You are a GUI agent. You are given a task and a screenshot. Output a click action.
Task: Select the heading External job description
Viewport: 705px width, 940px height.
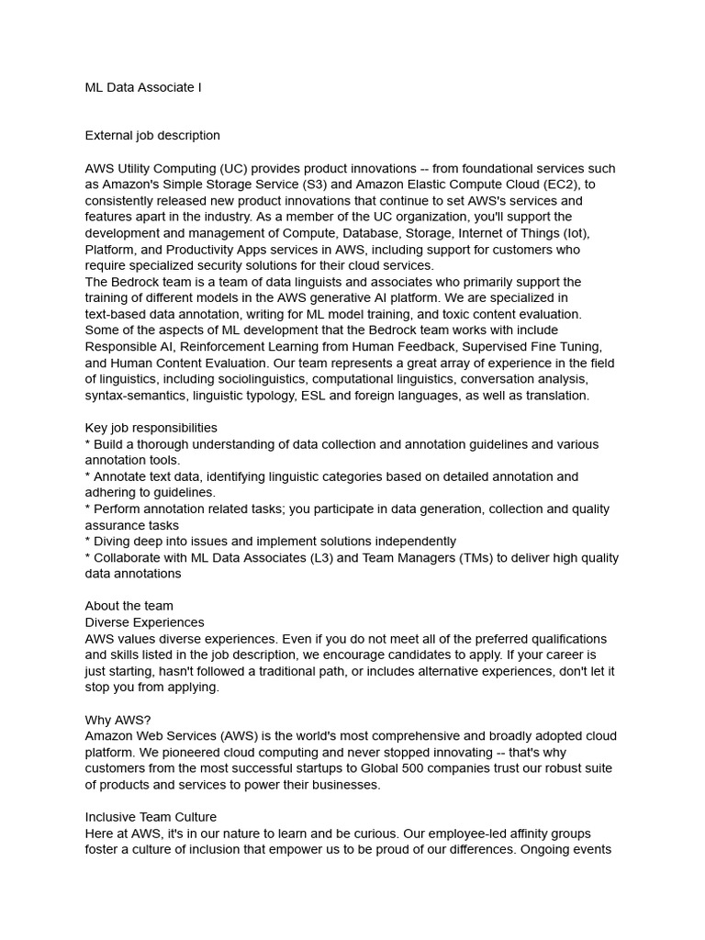(152, 135)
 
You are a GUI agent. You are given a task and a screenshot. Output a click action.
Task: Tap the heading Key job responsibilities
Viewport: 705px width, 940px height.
(151, 428)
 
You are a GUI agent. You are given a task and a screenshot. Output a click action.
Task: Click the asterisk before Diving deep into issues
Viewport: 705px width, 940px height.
(88, 542)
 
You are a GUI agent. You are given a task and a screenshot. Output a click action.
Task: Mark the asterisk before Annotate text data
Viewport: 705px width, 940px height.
(88, 476)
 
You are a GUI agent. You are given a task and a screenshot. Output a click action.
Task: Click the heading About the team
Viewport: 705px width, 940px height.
(129, 606)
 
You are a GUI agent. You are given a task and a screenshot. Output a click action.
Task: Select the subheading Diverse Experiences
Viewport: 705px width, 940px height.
(144, 622)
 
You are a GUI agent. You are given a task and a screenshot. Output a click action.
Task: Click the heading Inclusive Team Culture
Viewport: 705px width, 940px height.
(151, 817)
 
